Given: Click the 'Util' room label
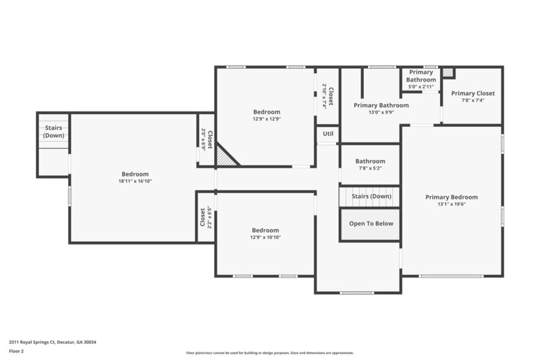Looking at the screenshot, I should click(x=328, y=134).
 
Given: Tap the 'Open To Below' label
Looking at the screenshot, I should click(x=371, y=224).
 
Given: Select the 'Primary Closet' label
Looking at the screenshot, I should click(x=473, y=93).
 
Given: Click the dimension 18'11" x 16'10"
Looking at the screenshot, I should click(x=135, y=181).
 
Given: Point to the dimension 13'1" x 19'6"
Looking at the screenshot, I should click(x=452, y=205).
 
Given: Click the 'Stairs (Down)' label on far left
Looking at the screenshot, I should click(x=54, y=132).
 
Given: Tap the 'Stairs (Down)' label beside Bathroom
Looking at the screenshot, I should click(x=371, y=197).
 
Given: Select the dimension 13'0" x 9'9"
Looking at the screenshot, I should click(x=381, y=113).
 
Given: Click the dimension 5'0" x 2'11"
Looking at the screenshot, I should click(x=421, y=86).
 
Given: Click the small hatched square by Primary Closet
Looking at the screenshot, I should click(x=448, y=72).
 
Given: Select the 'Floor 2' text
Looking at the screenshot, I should click(x=16, y=351).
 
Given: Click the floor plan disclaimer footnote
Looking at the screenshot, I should click(x=269, y=353).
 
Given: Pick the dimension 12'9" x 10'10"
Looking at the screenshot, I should click(x=266, y=237).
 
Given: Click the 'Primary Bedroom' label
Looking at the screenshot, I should click(x=452, y=197).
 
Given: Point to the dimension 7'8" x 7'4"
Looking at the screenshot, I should click(x=473, y=101).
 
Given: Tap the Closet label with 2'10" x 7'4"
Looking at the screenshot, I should click(x=331, y=96).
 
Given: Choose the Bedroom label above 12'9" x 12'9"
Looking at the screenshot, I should click(x=266, y=112).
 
